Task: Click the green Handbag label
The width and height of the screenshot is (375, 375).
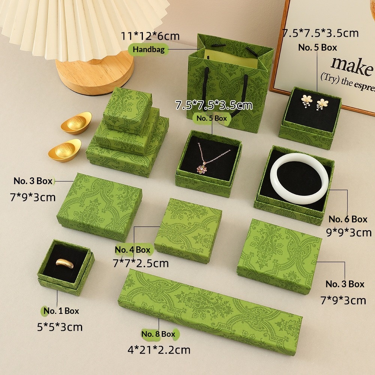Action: (148, 49)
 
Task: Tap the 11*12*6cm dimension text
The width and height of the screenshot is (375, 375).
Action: (150, 36)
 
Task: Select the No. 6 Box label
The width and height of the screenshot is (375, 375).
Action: (348, 219)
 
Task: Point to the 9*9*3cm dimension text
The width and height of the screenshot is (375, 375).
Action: (349, 232)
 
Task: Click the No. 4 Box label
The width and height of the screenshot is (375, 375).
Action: (132, 250)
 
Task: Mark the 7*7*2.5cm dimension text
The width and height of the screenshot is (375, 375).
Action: (141, 263)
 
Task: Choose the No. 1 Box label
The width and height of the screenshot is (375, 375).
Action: (61, 310)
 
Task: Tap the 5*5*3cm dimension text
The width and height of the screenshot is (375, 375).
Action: (60, 327)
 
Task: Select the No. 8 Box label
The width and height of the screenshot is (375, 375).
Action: (158, 334)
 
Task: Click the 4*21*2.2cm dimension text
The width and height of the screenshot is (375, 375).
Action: (159, 350)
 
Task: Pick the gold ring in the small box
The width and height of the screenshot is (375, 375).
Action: (65, 263)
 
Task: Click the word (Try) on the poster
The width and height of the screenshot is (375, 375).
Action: (330, 78)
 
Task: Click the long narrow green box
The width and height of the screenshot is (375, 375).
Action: (210, 312)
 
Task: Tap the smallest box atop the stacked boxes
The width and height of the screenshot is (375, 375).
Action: (127, 110)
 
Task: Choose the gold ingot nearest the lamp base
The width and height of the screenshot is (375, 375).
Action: (76, 123)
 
